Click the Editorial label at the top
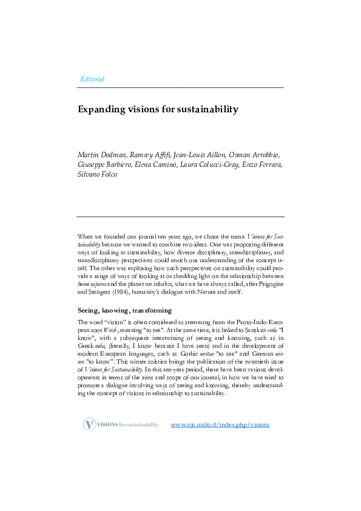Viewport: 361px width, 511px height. point(92,80)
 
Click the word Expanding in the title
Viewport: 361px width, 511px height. point(101,110)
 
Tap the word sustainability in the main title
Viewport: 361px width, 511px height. point(206,110)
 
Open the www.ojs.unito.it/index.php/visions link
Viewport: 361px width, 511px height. point(220,425)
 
